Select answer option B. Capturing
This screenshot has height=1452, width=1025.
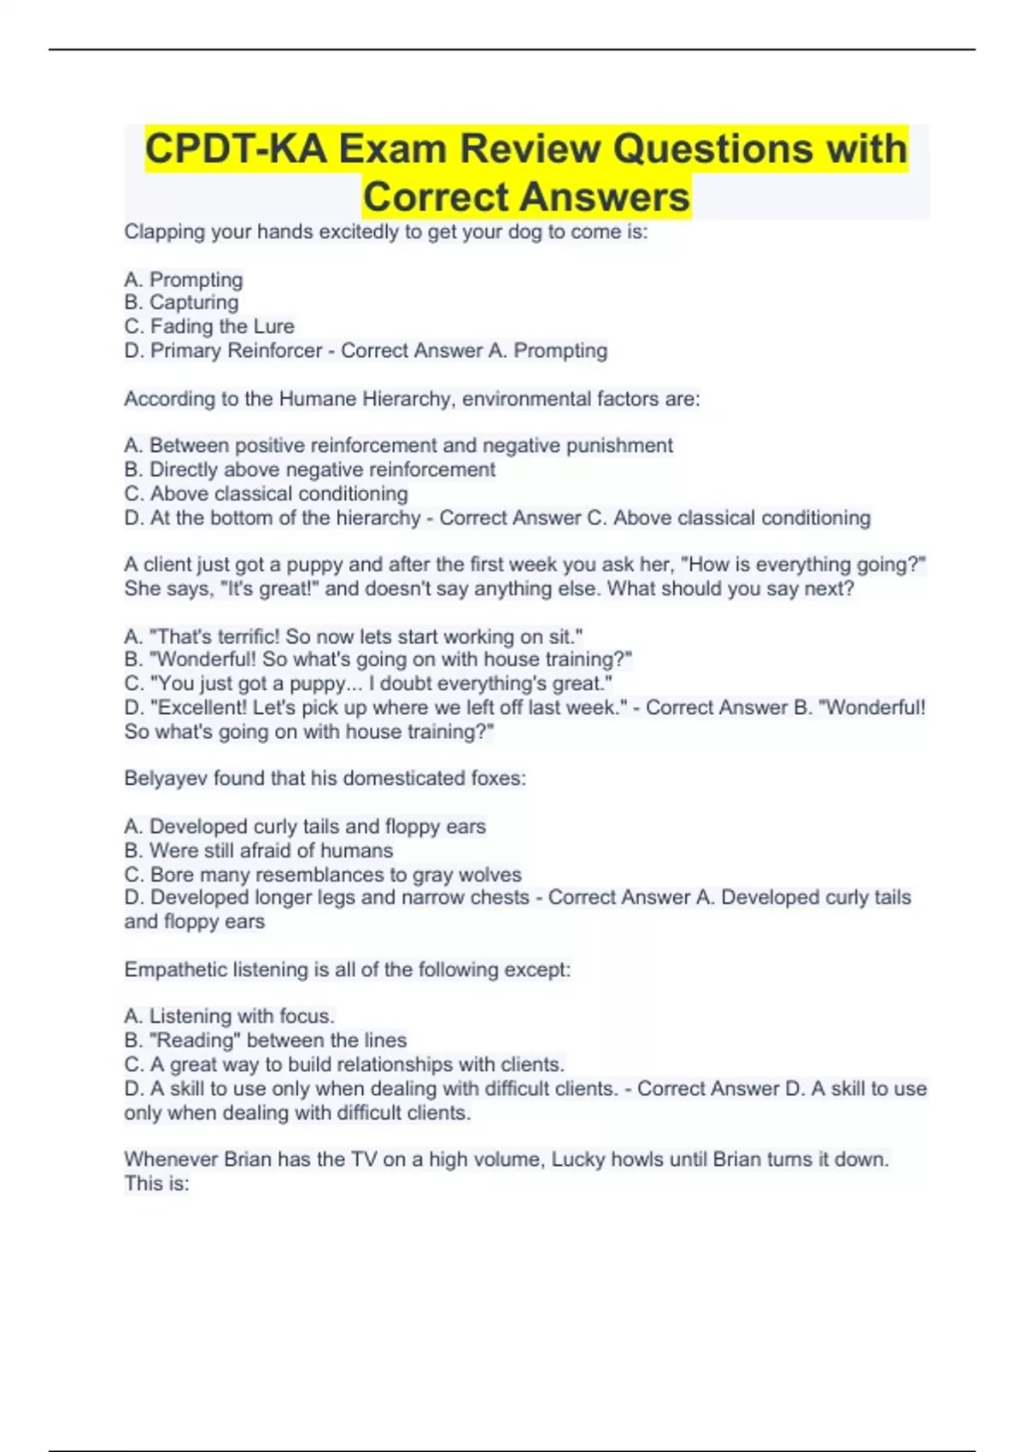(x=181, y=302)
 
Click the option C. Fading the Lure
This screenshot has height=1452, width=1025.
(x=209, y=326)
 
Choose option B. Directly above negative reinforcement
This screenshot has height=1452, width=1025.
(x=309, y=470)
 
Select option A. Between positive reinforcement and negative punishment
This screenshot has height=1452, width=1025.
(x=398, y=446)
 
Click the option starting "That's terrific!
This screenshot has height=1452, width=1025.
(x=353, y=636)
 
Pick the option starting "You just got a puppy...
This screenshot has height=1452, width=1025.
(x=368, y=683)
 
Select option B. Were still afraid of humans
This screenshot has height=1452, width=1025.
(x=258, y=851)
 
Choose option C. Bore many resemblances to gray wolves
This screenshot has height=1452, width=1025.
(x=322, y=875)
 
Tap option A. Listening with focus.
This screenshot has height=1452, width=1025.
(x=229, y=1016)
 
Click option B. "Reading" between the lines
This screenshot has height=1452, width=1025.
(x=265, y=1040)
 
